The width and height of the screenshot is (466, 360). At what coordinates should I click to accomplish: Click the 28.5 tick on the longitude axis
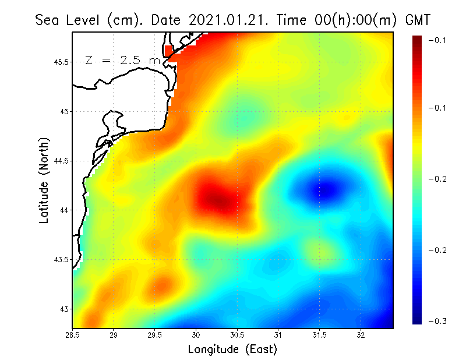tap(73, 335)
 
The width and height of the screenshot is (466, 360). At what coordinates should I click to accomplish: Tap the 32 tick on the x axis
tap(361, 335)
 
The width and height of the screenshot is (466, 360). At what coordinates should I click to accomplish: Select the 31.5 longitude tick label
tap(320, 335)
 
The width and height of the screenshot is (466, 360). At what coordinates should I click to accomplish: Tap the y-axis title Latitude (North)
tap(44, 181)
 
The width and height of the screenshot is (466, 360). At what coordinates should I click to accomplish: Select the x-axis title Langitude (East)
tap(232, 350)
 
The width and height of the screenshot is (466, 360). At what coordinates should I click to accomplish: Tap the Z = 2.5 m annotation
tap(122, 61)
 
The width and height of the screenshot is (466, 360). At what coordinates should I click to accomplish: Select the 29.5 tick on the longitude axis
tap(155, 335)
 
